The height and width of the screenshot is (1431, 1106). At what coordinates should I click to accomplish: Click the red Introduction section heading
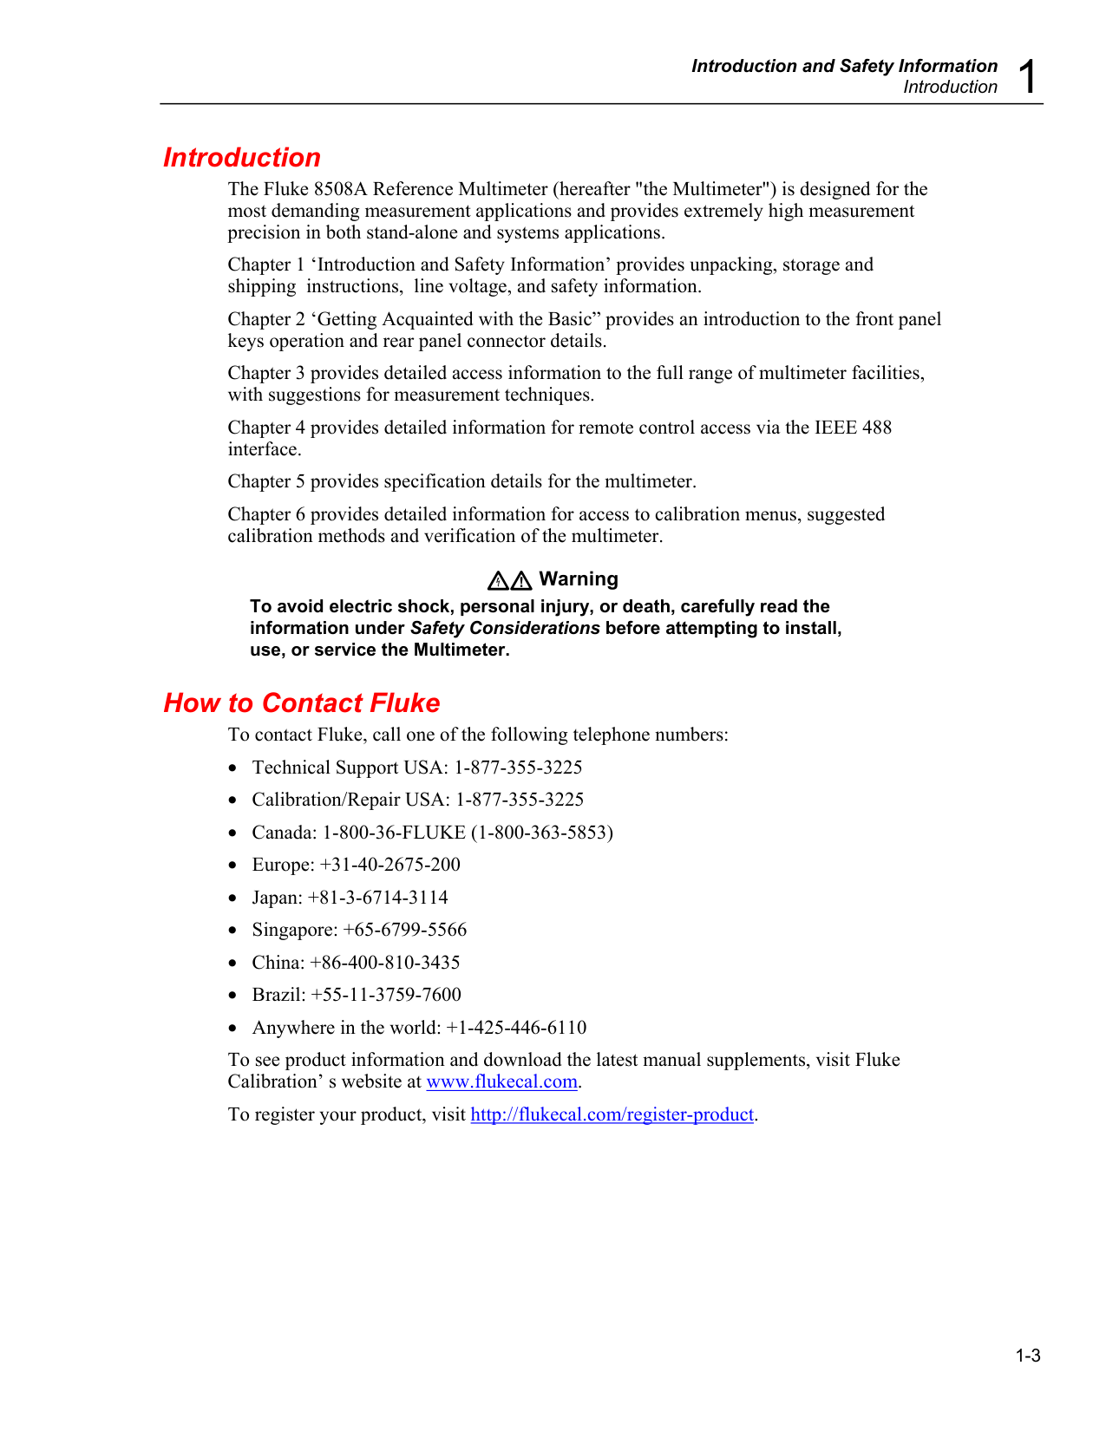point(242,158)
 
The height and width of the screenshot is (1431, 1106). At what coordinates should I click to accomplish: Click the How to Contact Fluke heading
point(302,702)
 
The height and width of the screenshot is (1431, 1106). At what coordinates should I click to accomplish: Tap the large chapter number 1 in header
point(1027,77)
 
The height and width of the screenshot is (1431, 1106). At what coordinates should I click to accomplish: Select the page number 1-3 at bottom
point(1028,1356)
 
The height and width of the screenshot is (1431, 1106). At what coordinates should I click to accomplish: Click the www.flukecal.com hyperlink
point(501,1081)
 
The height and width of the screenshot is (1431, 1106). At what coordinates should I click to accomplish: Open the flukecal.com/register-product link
point(612,1114)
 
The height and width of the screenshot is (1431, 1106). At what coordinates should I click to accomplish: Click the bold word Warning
point(579,579)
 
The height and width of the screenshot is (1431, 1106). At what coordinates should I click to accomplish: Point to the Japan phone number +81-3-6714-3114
point(378,898)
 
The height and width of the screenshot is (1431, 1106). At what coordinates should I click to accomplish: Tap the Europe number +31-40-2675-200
point(390,865)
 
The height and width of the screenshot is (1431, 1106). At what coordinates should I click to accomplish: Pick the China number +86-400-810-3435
point(385,963)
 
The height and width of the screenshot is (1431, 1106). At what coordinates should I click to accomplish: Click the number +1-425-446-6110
point(516,1028)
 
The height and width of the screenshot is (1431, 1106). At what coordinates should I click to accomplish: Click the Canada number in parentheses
point(542,833)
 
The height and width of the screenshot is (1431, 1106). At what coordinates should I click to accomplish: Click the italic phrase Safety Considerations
point(505,628)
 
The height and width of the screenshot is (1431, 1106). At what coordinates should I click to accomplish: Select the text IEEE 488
point(853,428)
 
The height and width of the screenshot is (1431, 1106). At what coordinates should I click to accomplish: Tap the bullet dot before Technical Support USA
point(232,768)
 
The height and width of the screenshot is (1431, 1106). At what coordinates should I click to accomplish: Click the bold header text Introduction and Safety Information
point(844,66)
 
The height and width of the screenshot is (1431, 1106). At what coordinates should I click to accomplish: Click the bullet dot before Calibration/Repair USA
point(232,800)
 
